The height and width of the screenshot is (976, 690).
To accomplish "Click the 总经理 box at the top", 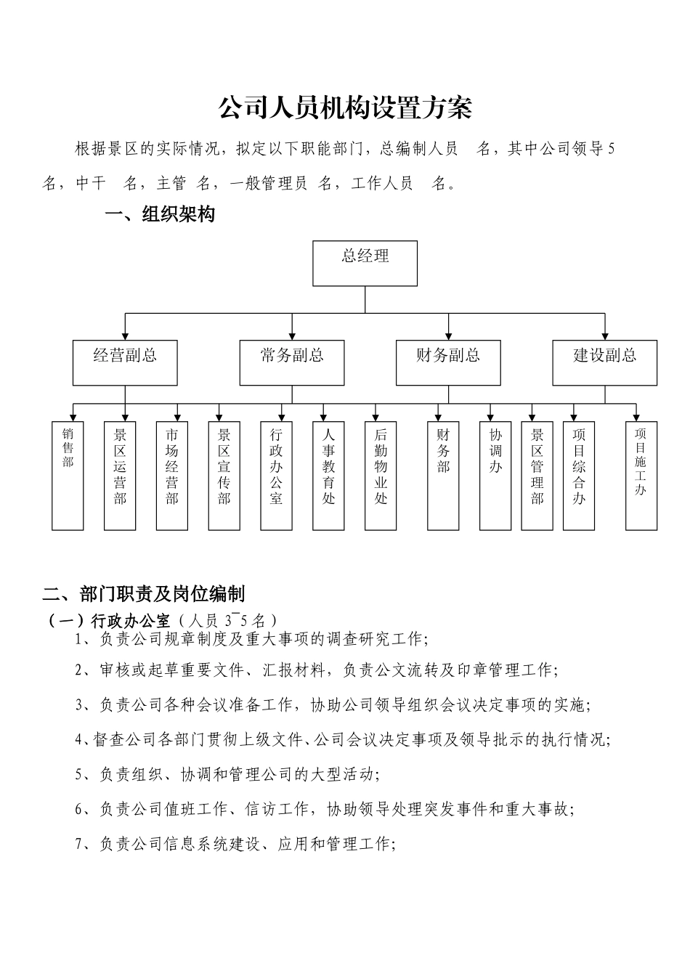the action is (365, 263).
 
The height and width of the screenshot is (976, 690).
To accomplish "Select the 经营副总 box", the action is (125, 362).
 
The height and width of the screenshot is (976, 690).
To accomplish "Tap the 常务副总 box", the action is (292, 362).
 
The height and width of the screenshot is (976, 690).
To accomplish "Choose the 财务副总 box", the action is (448, 362).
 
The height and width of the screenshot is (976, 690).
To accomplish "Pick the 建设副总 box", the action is (604, 362).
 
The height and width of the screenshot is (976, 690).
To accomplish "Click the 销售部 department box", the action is (68, 476).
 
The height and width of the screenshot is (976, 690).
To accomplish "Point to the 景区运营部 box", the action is (120, 476).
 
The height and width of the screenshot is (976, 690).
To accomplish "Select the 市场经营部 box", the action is (172, 476).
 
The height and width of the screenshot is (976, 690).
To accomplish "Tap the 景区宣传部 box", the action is (224, 476).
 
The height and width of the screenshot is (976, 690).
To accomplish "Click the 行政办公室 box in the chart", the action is (276, 476).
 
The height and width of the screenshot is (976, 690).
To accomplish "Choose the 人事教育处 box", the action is (328, 476).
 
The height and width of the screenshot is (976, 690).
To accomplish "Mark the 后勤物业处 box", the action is (381, 476).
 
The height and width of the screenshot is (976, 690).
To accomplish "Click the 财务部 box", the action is (443, 476).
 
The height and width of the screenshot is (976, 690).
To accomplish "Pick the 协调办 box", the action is (495, 476).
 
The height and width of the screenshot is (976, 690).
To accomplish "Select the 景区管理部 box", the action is (537, 476).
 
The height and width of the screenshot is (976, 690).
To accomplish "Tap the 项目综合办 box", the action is (579, 476).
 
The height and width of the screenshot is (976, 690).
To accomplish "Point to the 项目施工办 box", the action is (641, 476).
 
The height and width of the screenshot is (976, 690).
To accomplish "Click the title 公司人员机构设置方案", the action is (345, 108).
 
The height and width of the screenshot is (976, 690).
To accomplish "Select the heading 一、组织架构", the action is (160, 214).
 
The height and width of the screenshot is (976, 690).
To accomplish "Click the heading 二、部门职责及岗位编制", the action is (144, 594).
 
